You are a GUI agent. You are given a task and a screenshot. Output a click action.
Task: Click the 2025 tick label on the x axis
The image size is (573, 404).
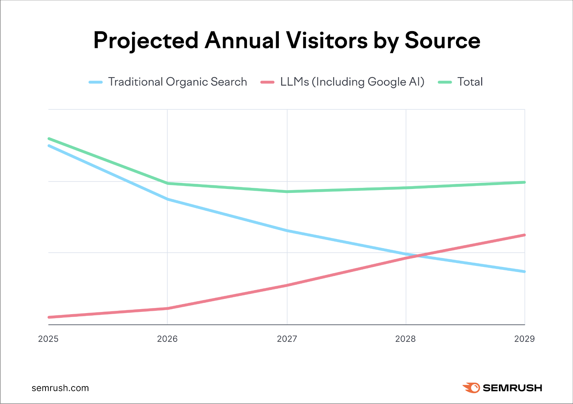pos(48,339)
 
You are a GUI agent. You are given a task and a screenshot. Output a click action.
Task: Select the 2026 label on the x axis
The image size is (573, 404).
pos(167,339)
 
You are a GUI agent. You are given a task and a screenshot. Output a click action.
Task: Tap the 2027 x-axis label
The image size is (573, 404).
pos(287,339)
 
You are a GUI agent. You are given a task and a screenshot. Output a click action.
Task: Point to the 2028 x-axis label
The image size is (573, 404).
pos(405,339)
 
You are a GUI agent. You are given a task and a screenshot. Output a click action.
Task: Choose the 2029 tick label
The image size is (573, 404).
pos(524,339)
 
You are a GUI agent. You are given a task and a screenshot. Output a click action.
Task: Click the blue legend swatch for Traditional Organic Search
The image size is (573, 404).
pos(96,82)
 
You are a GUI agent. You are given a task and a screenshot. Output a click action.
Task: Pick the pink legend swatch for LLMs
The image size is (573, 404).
pos(267,82)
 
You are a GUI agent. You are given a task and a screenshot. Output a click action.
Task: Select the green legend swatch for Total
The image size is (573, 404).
pos(445,82)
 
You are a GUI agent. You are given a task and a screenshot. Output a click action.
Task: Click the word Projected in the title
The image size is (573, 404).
pos(146,40)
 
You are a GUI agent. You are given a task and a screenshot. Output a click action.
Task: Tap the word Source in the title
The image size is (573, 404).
pos(442,40)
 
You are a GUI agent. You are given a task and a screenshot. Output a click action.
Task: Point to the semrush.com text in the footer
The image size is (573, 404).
pos(60,388)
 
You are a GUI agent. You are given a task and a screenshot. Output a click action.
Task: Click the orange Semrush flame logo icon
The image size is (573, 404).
pos(471,388)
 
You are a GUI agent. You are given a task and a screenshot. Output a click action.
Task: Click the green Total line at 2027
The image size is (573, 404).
pos(287,191)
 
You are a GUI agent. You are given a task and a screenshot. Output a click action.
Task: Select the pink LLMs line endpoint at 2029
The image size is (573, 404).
pos(524,235)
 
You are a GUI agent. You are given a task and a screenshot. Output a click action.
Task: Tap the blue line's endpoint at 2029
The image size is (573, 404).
pos(524,272)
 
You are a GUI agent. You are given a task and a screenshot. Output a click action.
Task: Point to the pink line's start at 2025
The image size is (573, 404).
pos(49,317)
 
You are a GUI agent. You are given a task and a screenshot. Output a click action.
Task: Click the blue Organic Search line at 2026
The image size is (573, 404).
pos(167,199)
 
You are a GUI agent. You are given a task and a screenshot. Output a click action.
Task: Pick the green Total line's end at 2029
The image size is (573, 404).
pos(524,182)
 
